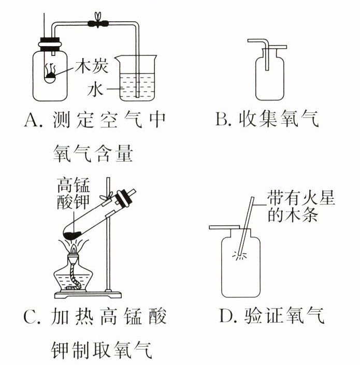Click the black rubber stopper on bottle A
[50, 43]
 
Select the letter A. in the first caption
[33, 120]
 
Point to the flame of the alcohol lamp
[73, 250]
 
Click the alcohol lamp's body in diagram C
[74, 279]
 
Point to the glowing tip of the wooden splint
[240, 254]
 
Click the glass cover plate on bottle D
[226, 227]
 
